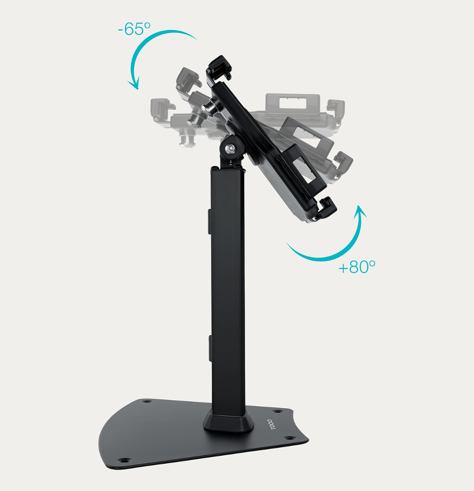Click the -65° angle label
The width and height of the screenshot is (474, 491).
[134, 29]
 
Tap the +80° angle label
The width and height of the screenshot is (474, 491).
[357, 267]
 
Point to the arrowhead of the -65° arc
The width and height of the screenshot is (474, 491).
[134, 83]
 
